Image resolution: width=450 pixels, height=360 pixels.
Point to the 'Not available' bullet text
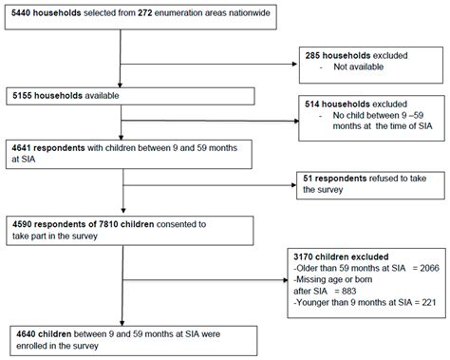(x=359, y=68)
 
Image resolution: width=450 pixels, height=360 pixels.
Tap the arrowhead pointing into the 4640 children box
(x=122, y=321)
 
